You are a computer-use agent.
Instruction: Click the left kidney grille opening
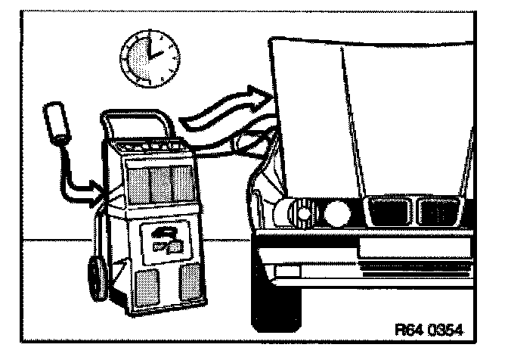[385, 213]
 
